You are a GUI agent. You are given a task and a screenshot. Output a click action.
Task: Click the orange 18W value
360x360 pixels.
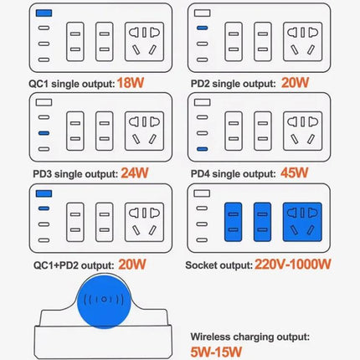[x=131, y=83]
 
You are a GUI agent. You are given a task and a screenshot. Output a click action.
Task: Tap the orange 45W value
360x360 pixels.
[x=295, y=173]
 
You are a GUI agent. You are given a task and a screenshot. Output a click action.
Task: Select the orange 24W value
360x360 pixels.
[x=135, y=173]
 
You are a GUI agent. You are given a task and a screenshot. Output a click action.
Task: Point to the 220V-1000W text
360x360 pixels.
[x=293, y=265]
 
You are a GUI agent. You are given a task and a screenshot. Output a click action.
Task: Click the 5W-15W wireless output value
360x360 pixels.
[x=216, y=352]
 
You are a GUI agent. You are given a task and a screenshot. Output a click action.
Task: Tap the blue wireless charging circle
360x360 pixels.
[x=104, y=301]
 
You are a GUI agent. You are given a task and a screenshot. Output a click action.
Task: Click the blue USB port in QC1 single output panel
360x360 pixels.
[x=44, y=13]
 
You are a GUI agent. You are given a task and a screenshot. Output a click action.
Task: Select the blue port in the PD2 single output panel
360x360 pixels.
[x=203, y=28]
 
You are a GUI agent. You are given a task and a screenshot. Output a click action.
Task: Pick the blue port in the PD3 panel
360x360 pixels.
[x=44, y=133]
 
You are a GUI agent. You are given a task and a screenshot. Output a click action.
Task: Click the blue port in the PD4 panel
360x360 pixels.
[x=203, y=149]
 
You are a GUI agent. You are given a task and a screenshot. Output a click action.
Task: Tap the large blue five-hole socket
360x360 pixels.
[x=302, y=222]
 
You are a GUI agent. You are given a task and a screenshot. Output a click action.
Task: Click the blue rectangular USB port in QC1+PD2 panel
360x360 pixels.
[x=44, y=193]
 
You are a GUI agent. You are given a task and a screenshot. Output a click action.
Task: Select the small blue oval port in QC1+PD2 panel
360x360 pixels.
[x=44, y=208]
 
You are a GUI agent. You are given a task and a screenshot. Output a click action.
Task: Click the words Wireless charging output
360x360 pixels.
[x=250, y=337]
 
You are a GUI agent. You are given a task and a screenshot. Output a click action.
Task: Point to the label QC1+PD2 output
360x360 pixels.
[x=74, y=265]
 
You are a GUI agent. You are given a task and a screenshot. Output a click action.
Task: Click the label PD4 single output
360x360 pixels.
[x=234, y=173]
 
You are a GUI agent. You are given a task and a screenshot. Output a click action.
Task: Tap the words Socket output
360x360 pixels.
[x=219, y=265]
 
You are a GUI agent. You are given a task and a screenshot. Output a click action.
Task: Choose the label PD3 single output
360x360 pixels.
[x=75, y=174]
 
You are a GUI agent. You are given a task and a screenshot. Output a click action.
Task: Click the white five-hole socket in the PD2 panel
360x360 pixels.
[x=302, y=42]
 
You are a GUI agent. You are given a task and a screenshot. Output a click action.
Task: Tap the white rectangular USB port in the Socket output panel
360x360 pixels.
[x=202, y=193]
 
